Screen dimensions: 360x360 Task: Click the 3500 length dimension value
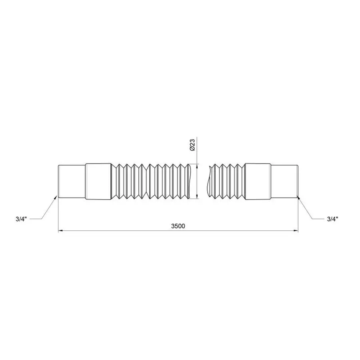[178, 226]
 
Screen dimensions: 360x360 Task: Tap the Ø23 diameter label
[192, 145]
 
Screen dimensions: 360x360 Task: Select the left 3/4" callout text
[21, 219]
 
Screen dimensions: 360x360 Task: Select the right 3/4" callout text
[333, 219]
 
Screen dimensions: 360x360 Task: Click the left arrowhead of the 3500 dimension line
[60, 230]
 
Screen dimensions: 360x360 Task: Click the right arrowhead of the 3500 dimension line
[296, 230]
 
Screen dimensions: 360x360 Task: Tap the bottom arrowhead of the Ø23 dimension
[197, 197]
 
